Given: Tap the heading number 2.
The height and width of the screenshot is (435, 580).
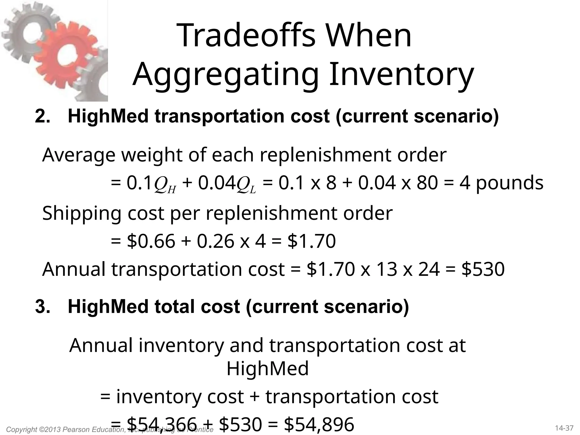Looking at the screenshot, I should click(42, 116).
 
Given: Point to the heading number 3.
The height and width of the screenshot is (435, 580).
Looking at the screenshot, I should click(42, 306).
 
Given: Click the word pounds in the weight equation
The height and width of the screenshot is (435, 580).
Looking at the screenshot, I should click(509, 183).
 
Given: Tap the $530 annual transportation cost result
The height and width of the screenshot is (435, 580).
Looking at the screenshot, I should click(483, 269).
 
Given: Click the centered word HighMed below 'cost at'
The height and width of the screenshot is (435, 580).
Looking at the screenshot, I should click(267, 368).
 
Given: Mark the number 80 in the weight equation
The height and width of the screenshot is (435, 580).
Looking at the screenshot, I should click(427, 183).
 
